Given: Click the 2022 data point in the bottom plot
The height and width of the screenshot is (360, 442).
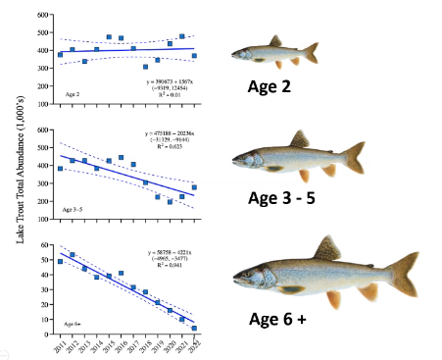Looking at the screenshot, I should [194, 328].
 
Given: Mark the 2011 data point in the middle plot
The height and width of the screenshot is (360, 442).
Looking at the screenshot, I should [60, 169].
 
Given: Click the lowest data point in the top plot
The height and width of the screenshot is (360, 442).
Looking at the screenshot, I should [145, 67].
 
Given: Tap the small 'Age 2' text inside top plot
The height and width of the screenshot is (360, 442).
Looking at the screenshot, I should [74, 95].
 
